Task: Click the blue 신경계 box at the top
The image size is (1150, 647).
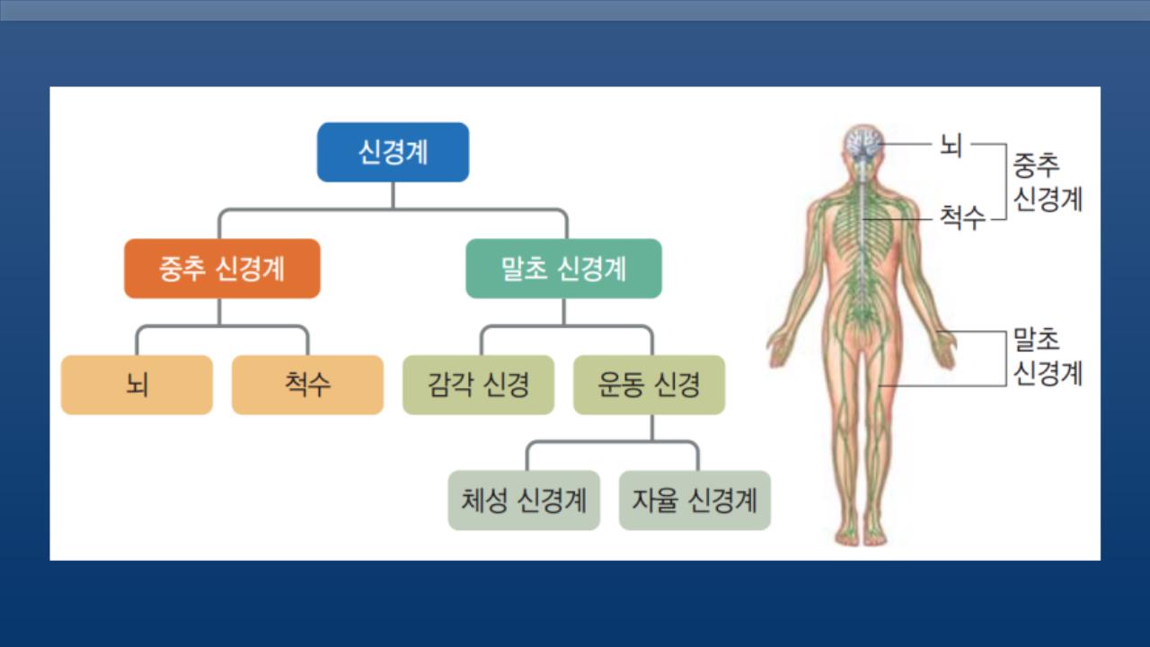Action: point(393,152)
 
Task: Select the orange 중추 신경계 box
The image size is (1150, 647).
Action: point(222,268)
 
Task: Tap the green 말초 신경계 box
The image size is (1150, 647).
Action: point(563,268)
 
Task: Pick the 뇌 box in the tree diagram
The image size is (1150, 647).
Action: point(137,385)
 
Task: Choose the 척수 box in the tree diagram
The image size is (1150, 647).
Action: point(307,385)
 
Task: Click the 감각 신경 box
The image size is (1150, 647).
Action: point(478,385)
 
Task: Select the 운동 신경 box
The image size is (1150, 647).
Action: point(649,385)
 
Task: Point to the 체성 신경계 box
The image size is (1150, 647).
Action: point(524,500)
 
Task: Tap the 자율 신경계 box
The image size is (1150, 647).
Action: point(694,500)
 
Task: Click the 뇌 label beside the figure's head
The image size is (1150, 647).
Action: point(951,144)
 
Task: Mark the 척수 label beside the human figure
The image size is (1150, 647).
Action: point(961,217)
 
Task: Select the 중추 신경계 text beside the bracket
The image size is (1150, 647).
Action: point(1048,182)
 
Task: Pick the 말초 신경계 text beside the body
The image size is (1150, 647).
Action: point(1048,356)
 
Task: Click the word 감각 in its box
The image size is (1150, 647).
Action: point(446,385)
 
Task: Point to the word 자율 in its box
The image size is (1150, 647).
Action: point(654,500)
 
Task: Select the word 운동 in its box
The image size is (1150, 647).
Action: point(616,385)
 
